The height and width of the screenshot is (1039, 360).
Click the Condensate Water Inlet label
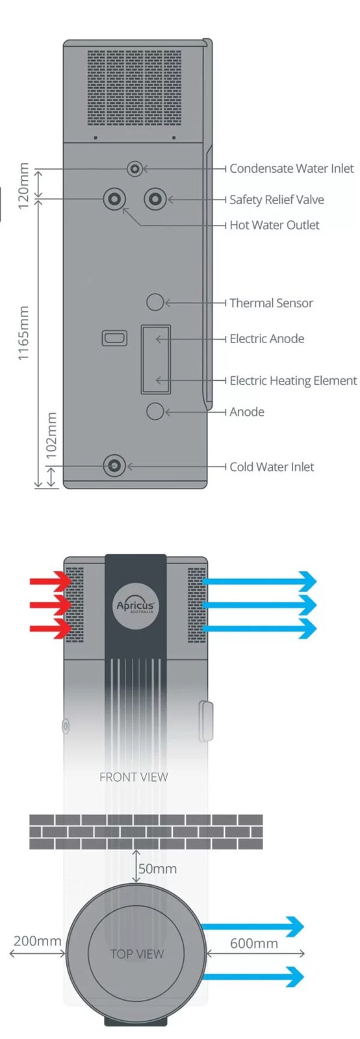291,168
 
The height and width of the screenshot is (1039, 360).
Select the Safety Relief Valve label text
276,200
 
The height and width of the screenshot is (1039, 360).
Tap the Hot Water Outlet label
274,225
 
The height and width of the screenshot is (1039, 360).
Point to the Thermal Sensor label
271,303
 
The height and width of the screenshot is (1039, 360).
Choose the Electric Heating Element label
293,381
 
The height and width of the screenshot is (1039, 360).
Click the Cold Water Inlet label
272,467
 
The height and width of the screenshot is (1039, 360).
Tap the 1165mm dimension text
23,333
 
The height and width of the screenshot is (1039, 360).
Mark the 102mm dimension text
52,435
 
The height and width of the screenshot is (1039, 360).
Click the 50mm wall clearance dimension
157,869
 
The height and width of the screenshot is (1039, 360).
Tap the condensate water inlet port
135,169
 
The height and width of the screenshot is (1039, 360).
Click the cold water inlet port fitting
114,465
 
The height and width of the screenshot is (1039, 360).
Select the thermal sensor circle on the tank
155,302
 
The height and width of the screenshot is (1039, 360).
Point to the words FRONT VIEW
134,777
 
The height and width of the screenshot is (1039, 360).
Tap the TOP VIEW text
137,954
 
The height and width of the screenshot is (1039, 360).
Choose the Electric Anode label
267,339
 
